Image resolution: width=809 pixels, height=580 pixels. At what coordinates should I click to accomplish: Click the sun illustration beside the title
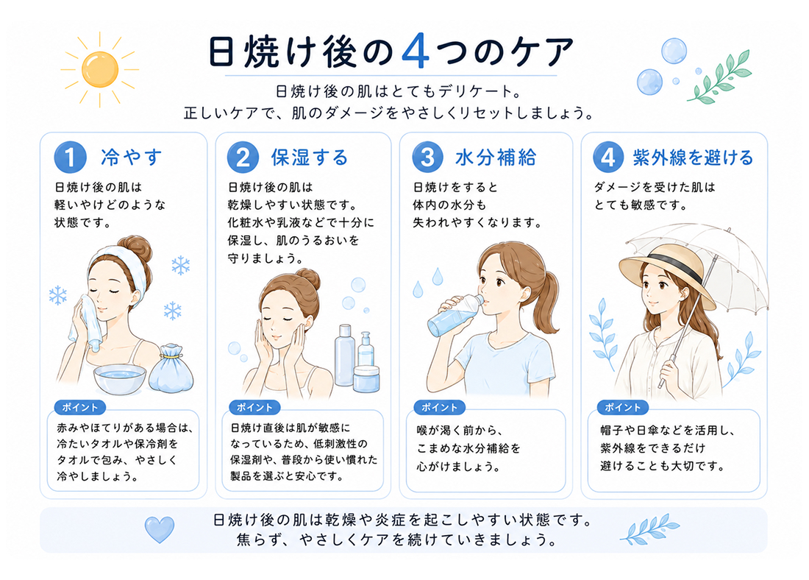(99, 69)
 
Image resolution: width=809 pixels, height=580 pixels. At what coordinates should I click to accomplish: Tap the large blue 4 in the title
(415, 52)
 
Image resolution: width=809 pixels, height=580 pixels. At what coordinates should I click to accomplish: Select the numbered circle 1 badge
(70, 157)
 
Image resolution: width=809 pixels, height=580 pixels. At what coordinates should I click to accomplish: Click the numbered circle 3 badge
(427, 157)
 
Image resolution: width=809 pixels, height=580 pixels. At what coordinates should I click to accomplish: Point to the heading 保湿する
(310, 158)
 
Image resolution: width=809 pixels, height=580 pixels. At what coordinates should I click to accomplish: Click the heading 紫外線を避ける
(693, 158)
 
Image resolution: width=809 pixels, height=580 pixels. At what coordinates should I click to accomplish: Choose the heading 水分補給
(495, 158)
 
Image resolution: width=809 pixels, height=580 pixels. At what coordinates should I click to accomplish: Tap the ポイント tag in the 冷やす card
(80, 408)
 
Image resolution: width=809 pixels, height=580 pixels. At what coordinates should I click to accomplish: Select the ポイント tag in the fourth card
(623, 408)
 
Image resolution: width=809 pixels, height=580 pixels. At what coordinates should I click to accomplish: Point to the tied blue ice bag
(171, 368)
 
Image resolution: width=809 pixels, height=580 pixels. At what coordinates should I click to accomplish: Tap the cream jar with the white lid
(367, 378)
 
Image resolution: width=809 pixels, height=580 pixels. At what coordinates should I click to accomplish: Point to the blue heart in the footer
(160, 529)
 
